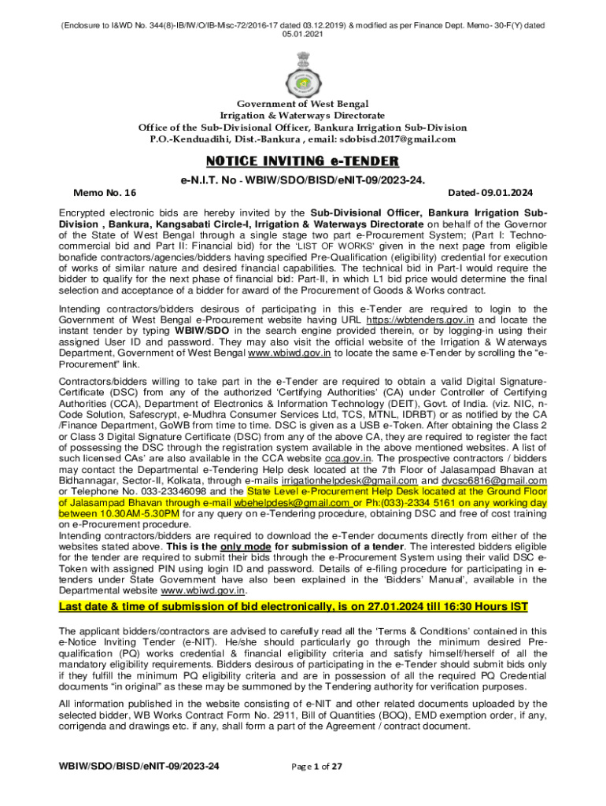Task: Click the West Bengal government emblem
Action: point(302,70)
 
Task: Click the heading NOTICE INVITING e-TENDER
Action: point(302,161)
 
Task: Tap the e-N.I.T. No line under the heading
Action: point(302,179)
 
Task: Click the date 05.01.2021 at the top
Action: point(302,35)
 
